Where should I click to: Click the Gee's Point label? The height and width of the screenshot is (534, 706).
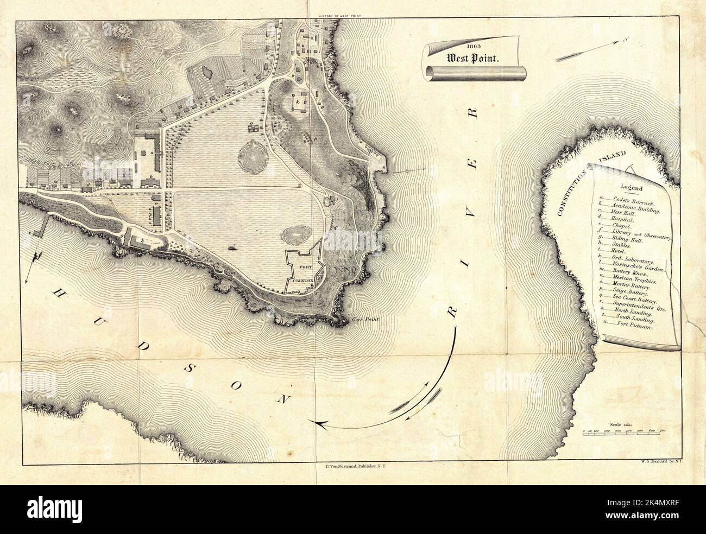point(364,320)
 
